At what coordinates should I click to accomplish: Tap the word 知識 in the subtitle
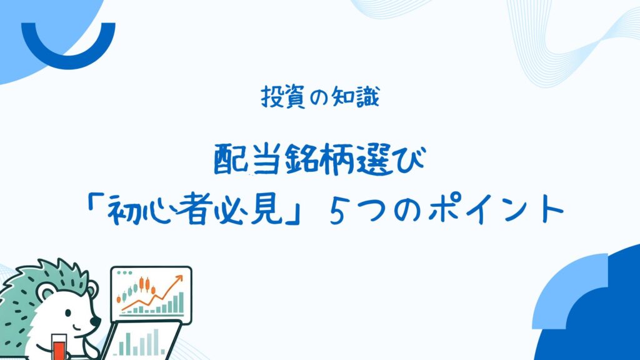(x=356, y=97)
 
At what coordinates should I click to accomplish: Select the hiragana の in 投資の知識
(x=318, y=98)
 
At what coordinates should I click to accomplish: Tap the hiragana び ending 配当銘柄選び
(x=411, y=159)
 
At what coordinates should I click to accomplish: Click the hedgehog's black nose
(x=96, y=322)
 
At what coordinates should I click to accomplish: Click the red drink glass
(x=59, y=346)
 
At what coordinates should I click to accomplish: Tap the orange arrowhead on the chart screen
(x=178, y=279)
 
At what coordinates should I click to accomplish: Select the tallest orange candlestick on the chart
(x=142, y=284)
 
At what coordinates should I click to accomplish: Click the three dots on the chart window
(x=124, y=272)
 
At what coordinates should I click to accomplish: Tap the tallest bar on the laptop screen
(x=156, y=341)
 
